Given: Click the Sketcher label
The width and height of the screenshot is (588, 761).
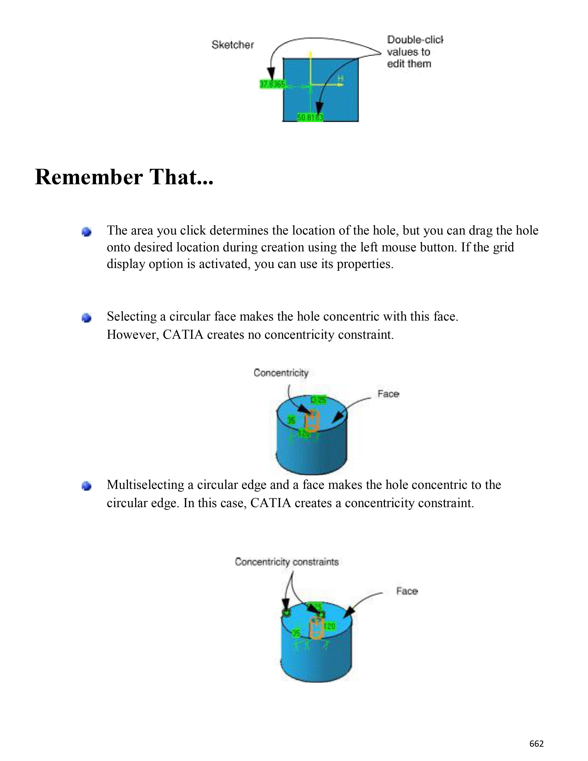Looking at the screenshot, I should point(233,45).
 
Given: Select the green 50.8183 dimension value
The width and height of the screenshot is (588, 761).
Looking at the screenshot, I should point(310,118).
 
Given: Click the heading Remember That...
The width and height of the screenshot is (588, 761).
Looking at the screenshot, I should point(124,177).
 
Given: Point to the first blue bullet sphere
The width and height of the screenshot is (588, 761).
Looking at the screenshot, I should point(86,232).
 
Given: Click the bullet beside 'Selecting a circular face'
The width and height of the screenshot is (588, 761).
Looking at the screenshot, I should point(86,318).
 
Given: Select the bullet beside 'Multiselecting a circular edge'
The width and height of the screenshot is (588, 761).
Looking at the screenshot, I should point(86,486).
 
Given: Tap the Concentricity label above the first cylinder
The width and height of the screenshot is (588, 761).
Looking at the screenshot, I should point(281,373).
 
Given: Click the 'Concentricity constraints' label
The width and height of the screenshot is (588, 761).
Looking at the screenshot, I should point(287,562).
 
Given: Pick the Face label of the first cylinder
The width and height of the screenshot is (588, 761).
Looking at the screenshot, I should point(388,394).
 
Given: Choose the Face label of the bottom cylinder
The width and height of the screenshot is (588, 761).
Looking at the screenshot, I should point(407,591).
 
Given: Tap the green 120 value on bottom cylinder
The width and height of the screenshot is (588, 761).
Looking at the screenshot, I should point(329,627).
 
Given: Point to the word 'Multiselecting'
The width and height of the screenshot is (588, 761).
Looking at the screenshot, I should point(145,485).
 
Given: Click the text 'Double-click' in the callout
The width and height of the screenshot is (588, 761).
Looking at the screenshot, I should point(415,40).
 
